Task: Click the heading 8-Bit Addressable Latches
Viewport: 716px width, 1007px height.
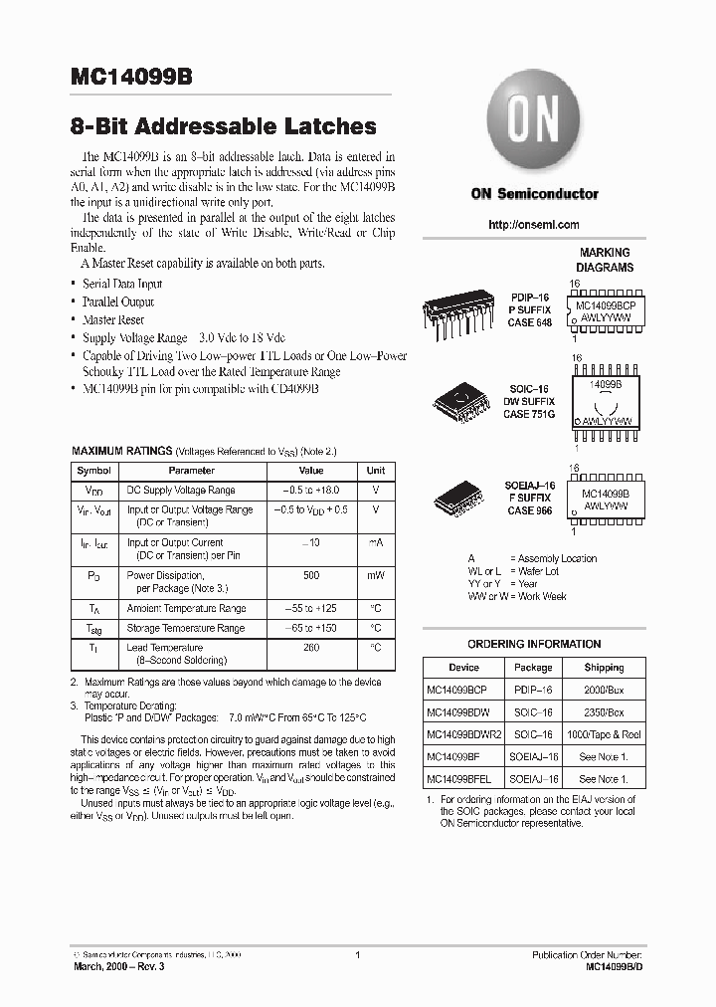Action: [224, 126]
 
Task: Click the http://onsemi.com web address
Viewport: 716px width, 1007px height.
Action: [534, 225]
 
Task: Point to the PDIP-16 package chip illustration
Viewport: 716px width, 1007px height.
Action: [456, 310]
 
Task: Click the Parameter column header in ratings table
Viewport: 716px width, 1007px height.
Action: [191, 471]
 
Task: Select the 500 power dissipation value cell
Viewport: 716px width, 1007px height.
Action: [311, 575]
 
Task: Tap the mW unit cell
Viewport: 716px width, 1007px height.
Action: [375, 575]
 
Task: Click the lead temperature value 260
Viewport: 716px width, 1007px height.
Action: [311, 647]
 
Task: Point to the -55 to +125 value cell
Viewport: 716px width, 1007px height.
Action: [311, 608]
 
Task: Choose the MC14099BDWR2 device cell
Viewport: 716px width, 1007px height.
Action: [463, 734]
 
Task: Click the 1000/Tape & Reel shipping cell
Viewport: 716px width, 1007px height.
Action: [604, 734]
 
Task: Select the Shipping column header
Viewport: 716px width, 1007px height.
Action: [604, 668]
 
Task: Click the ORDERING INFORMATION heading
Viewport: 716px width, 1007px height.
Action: [534, 644]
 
